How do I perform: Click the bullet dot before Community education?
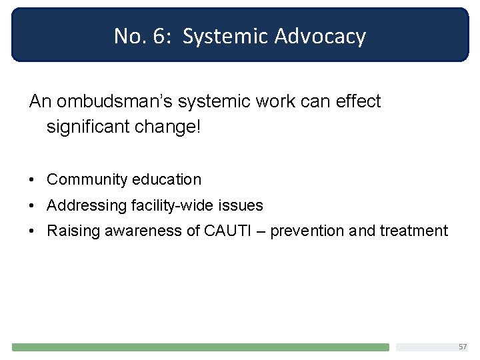(32, 180)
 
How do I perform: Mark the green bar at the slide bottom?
(200, 347)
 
